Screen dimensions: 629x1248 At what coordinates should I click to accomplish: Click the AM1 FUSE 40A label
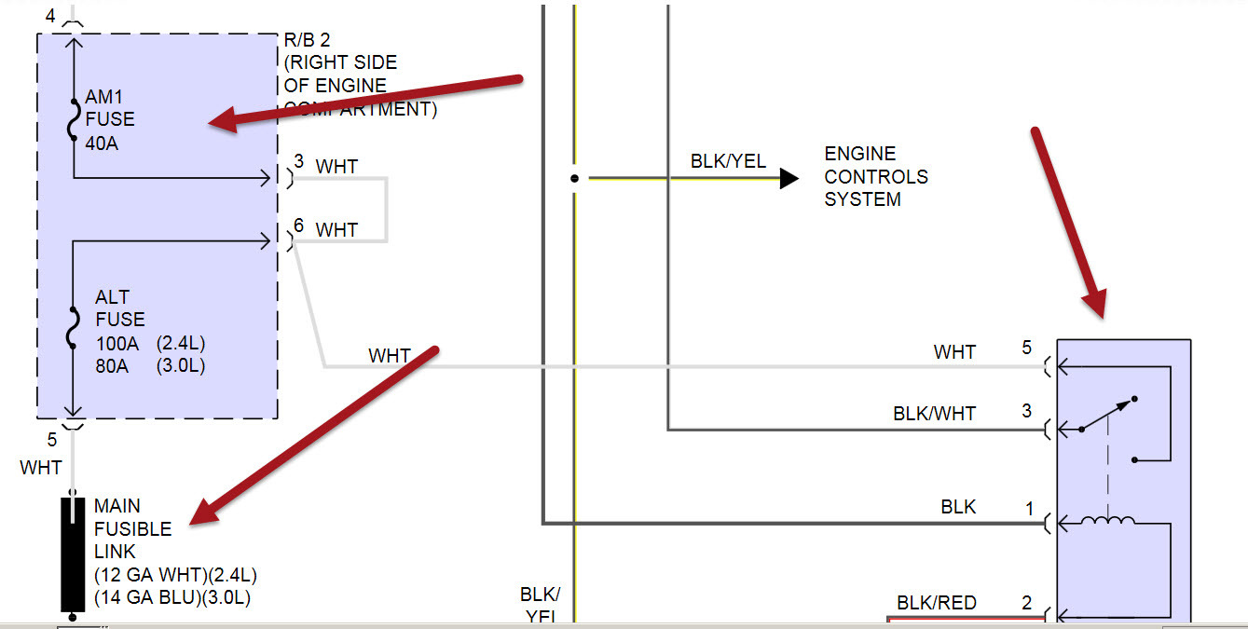109,119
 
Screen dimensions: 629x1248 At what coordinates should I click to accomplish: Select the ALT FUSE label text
119,308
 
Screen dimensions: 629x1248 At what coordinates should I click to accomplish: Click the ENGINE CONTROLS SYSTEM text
875,176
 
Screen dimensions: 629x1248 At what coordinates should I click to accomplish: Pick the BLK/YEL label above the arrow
728,161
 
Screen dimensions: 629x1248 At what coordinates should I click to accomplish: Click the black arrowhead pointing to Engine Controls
789,178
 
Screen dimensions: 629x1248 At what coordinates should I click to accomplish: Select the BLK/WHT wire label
934,413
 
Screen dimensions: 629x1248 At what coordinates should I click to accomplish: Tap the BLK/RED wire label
937,603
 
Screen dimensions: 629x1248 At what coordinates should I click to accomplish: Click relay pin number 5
1027,348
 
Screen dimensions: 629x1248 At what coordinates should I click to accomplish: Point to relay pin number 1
1030,509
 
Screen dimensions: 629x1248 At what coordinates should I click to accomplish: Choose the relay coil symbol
1107,522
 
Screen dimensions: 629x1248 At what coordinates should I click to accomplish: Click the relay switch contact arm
1107,415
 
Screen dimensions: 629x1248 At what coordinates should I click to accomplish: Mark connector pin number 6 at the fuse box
298,225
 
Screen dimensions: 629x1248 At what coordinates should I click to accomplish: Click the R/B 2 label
307,40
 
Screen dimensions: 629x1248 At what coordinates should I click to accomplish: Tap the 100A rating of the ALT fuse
117,342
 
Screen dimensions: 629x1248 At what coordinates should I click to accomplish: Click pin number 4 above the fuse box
49,16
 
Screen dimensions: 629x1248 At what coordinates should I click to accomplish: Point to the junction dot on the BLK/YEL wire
575,178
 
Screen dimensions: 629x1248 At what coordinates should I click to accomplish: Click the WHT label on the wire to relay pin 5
954,352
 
